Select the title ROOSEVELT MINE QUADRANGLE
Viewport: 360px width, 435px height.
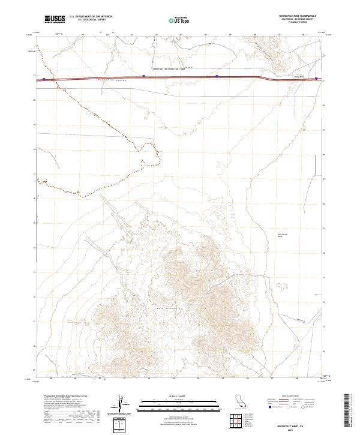click(298, 16)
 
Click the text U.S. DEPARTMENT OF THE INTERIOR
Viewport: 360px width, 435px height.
click(91, 16)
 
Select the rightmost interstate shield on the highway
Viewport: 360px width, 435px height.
click(317, 78)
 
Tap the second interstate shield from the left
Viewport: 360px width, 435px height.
click(144, 76)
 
